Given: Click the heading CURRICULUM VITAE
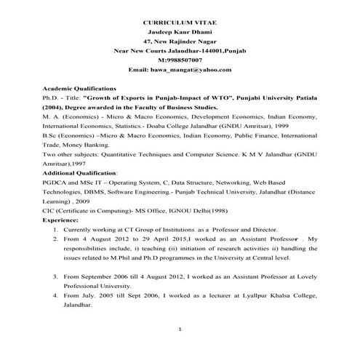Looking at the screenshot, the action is (x=179, y=24).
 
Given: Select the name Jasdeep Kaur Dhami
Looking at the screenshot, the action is (x=179, y=34).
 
